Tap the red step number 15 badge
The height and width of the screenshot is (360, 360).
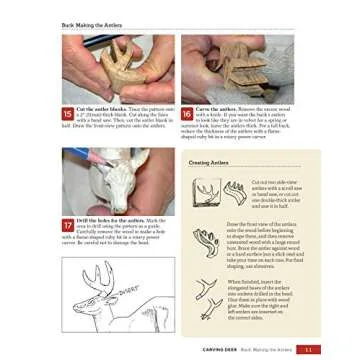[x=68, y=114]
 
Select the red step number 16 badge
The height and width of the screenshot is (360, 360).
[x=188, y=114]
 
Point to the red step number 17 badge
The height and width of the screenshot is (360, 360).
[x=68, y=225]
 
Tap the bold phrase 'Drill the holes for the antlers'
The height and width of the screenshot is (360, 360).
[x=105, y=220]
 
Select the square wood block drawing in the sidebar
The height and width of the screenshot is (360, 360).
[x=205, y=191]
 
